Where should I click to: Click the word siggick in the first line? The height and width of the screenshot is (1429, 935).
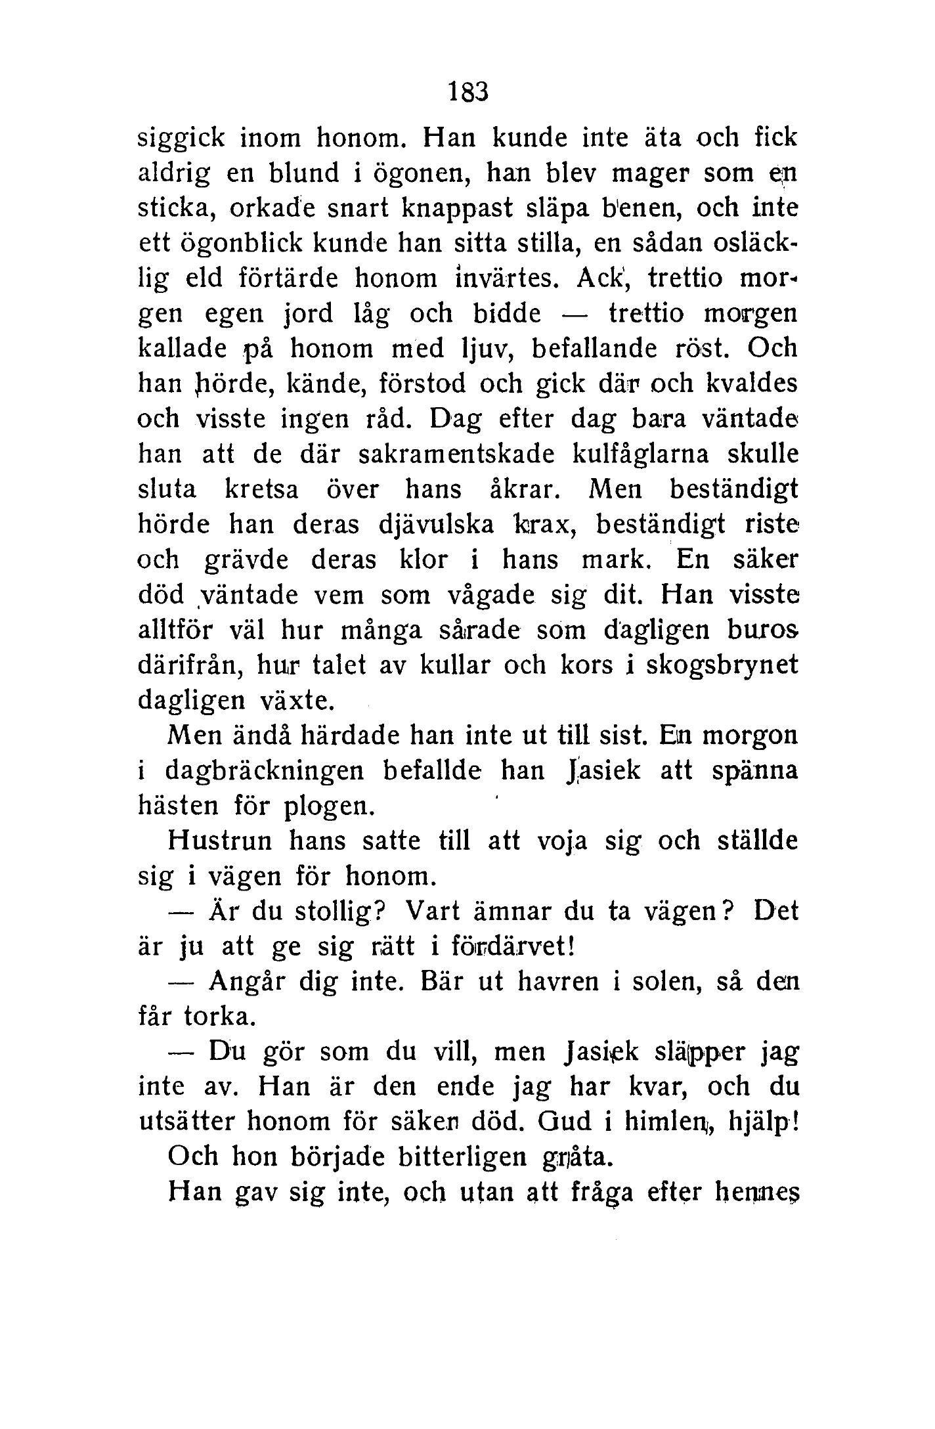[x=182, y=138]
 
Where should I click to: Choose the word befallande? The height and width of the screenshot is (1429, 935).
[x=594, y=348]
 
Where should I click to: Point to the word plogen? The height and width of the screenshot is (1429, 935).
[x=328, y=806]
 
